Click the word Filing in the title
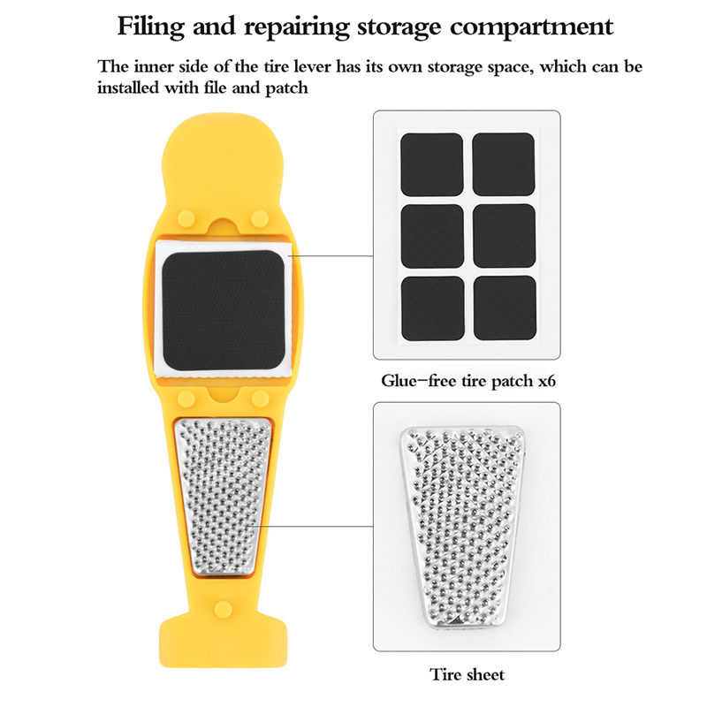(x=151, y=26)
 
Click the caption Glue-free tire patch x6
(x=466, y=383)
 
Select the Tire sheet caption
(x=467, y=675)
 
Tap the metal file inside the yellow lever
(x=223, y=495)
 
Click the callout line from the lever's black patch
(x=331, y=256)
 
